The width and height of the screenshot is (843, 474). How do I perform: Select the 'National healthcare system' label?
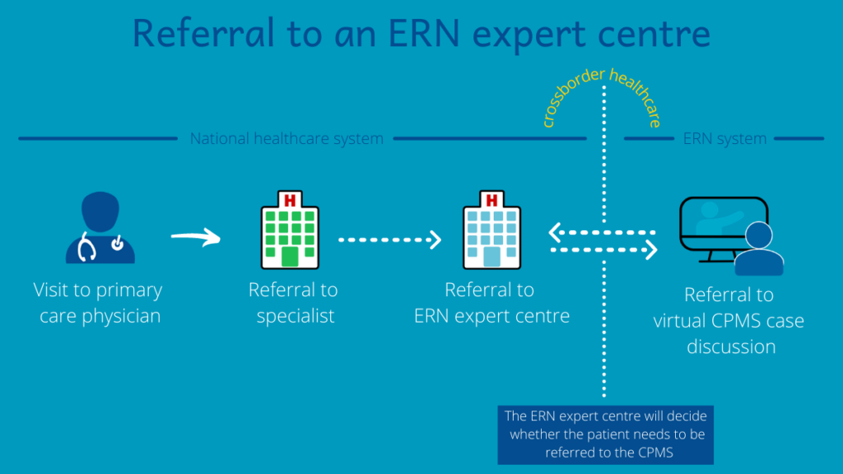[x=286, y=139]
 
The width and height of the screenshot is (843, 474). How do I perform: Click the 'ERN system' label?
[x=724, y=139]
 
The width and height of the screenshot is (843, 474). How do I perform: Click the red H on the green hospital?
[x=289, y=200]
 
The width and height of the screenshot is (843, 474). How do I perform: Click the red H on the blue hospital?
[x=491, y=200]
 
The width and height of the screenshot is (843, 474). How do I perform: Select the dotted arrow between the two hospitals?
[x=390, y=239]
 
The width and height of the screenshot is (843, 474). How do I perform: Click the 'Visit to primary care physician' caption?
[x=98, y=303]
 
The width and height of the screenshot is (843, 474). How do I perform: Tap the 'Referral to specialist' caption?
[x=294, y=303]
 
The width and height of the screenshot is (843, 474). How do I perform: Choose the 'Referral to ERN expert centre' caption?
[x=491, y=303]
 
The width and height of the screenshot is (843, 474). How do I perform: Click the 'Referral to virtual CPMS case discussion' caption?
[x=729, y=320]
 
